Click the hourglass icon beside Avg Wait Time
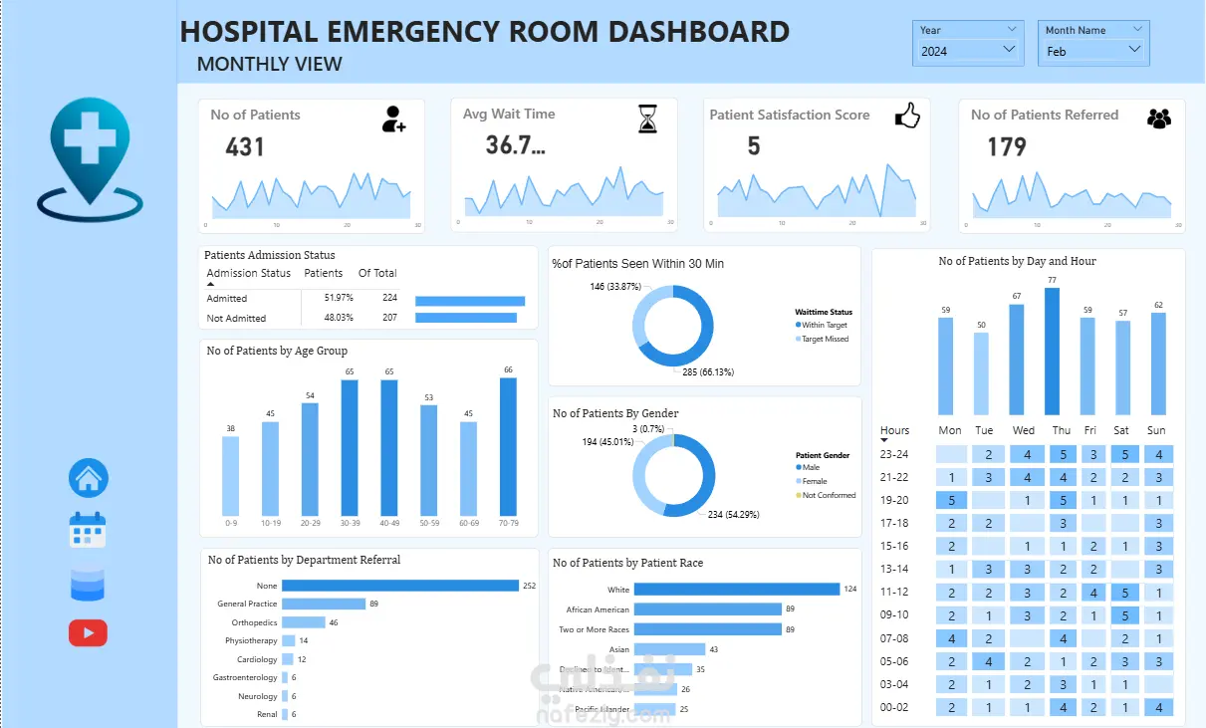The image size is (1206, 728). [x=648, y=119]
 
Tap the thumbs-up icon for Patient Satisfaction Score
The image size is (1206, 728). [x=906, y=117]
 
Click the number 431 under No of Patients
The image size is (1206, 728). [x=245, y=147]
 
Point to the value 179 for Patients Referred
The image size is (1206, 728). [x=1006, y=147]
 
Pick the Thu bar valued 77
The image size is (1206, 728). [x=1052, y=352]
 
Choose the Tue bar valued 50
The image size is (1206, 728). [x=982, y=373]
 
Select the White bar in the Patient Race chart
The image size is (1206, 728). [x=737, y=590]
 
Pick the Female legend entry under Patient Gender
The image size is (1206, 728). [x=817, y=481]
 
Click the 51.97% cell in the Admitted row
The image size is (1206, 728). [x=339, y=299]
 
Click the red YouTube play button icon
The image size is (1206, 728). [x=88, y=632]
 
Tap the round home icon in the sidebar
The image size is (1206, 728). [x=88, y=479]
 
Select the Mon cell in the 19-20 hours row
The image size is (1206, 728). [x=952, y=500]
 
